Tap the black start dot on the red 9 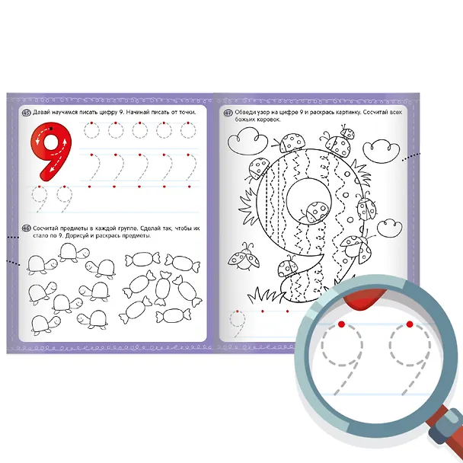(x=51, y=129)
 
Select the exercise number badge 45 (x=27, y=113)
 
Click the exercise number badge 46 (x=27, y=228)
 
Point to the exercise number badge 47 (x=228, y=113)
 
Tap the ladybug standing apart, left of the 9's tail (x=244, y=257)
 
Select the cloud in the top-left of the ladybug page (x=247, y=141)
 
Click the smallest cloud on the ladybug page (x=390, y=228)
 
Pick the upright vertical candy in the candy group (x=161, y=288)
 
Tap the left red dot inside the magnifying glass (x=342, y=324)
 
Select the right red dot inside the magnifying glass (x=410, y=324)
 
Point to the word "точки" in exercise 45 (x=187, y=113)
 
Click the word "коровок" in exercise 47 (x=268, y=120)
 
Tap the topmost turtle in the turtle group (x=74, y=253)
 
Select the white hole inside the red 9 (x=51, y=142)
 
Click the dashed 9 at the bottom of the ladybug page (x=238, y=324)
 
